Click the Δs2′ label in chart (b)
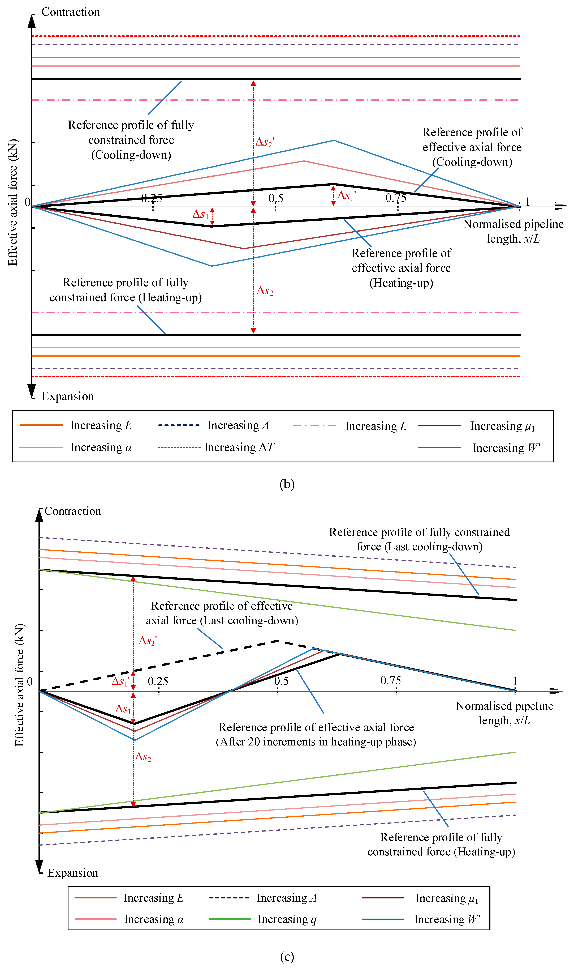pos(265,142)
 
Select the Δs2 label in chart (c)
pos(143,757)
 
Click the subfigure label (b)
pos(287,484)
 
